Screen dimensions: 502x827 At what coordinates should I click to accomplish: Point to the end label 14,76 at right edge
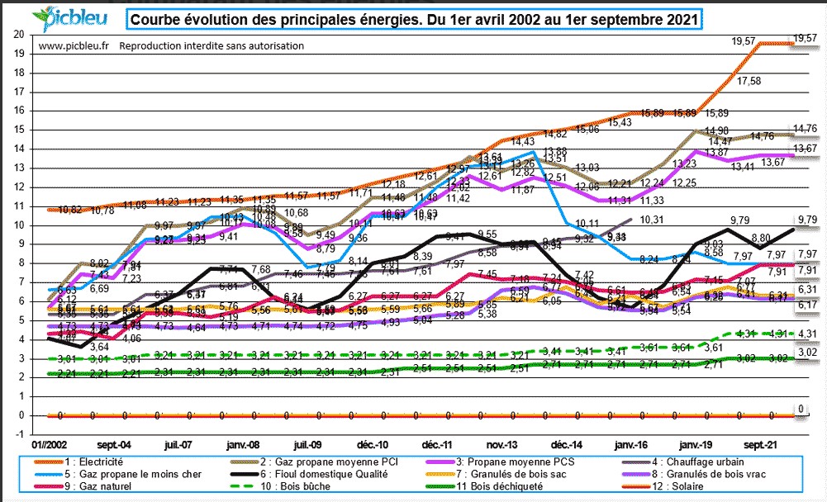point(804,128)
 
